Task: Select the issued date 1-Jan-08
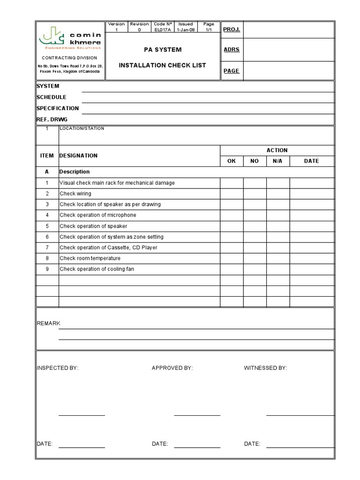(x=186, y=30)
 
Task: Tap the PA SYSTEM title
(x=162, y=50)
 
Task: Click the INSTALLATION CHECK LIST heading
(x=162, y=65)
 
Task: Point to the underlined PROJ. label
(x=231, y=30)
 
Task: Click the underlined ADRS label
(x=232, y=50)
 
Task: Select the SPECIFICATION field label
(x=58, y=108)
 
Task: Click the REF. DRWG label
(x=52, y=120)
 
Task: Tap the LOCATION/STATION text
(x=82, y=128)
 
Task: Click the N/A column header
(x=278, y=161)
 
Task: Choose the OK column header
(x=232, y=161)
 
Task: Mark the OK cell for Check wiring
(x=232, y=194)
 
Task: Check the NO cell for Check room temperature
(x=255, y=258)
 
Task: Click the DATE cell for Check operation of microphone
(x=311, y=215)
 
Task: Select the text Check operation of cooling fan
(x=97, y=269)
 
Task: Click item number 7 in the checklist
(x=47, y=247)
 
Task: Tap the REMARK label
(x=49, y=323)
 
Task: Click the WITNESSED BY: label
(x=265, y=368)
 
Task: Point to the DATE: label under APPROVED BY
(x=160, y=443)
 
